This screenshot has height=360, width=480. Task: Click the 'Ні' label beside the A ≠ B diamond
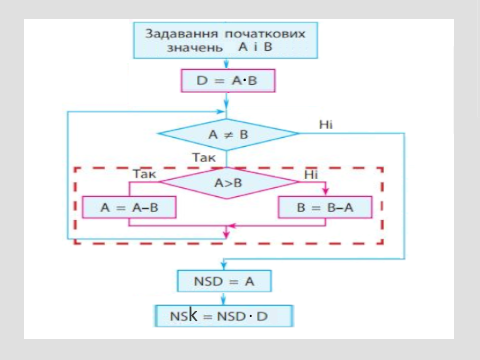(326, 123)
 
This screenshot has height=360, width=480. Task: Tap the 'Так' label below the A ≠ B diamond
(204, 158)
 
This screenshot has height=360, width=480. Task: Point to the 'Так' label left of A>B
(142, 174)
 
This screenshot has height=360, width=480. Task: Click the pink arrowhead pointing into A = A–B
(129, 196)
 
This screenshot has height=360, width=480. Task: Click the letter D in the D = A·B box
(200, 80)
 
